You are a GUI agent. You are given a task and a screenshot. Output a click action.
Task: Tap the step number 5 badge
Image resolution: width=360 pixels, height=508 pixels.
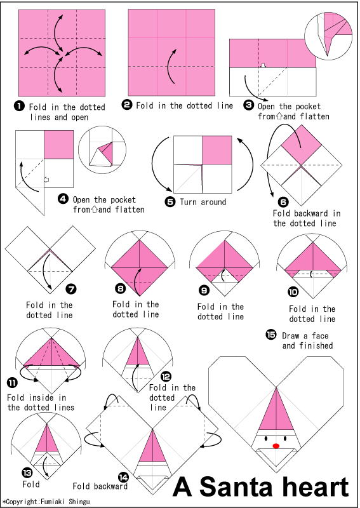point(170,202)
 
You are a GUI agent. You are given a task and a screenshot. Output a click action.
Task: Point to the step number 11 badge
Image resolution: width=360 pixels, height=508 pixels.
point(12,382)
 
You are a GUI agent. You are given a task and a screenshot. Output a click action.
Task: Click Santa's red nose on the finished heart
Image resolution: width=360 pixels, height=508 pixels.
point(276,446)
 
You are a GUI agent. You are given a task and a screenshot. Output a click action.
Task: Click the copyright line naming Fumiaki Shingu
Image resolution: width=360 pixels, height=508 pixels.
point(46,502)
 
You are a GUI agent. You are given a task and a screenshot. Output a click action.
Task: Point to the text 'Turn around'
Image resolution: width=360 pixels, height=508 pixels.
point(204,202)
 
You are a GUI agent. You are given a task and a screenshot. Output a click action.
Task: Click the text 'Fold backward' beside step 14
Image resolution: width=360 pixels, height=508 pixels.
point(100,486)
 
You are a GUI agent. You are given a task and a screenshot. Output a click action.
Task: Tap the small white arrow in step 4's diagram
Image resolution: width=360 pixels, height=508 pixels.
point(46,180)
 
